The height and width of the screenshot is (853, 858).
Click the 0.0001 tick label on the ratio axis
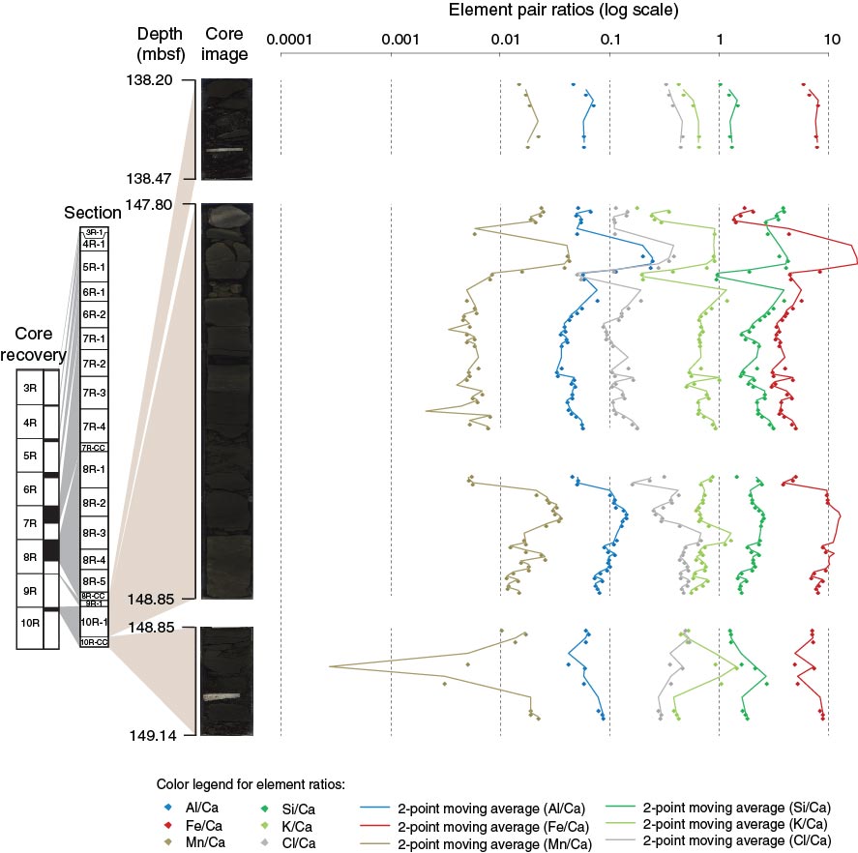[x=281, y=41]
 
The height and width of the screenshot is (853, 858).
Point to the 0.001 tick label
[x=391, y=41]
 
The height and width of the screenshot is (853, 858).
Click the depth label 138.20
[x=152, y=82]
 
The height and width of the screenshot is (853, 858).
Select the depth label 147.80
[x=152, y=205]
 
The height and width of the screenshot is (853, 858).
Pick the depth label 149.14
[x=152, y=736]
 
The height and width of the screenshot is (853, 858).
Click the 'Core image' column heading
[x=224, y=43]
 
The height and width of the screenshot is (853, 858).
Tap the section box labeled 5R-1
[x=94, y=267]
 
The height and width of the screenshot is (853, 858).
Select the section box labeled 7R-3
[x=94, y=393]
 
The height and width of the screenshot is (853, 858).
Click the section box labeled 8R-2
[x=94, y=503]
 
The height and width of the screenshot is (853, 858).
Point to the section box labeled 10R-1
[x=94, y=622]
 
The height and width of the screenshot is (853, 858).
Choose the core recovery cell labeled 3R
[x=29, y=389]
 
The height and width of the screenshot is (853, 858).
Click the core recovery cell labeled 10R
[x=29, y=621]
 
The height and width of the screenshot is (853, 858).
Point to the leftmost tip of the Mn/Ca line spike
[x=330, y=666]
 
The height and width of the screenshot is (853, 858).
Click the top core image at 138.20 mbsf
[x=224, y=129]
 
